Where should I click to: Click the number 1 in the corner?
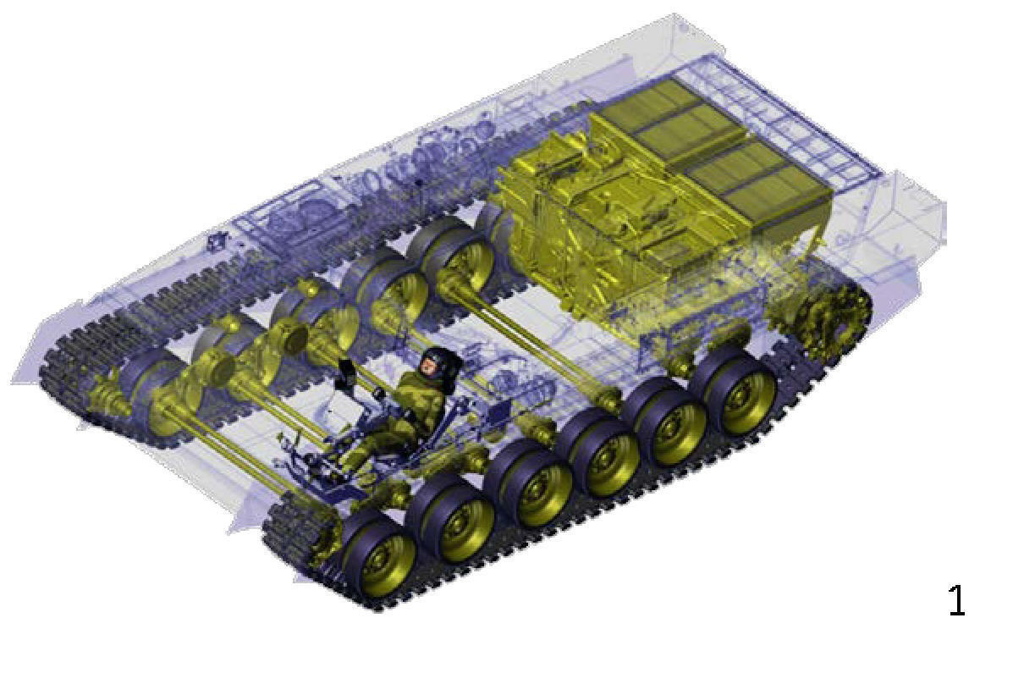[x=957, y=600]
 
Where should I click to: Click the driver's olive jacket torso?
[x=420, y=404]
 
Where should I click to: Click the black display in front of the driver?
[x=347, y=372]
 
